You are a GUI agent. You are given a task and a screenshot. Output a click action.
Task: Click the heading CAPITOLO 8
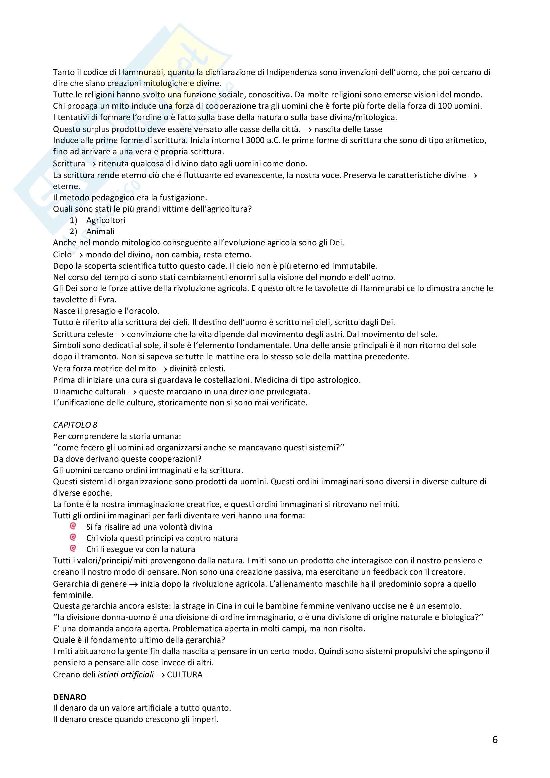coord(75,425)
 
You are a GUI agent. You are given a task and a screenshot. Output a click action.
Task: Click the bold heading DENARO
coord(70,697)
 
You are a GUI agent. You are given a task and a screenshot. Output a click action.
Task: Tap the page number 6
coord(495,740)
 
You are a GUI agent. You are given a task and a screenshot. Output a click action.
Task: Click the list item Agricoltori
coord(105,220)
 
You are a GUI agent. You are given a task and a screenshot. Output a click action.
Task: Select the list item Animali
coord(100,232)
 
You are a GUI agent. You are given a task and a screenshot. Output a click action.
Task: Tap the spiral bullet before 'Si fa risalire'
coord(73,526)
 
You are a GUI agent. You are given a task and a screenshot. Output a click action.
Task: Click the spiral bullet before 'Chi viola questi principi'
coord(73,537)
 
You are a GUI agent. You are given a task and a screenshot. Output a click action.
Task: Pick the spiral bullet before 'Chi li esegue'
coord(73,548)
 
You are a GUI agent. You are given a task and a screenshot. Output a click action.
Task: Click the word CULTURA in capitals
coord(185,674)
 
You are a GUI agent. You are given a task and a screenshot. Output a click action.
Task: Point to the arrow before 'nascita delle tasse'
coord(307,129)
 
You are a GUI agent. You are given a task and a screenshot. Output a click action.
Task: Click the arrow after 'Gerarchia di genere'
coord(133,584)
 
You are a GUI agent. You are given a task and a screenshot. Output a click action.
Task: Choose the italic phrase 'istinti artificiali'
coord(126,674)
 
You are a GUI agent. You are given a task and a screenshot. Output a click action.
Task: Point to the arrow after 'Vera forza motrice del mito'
coord(163,369)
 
